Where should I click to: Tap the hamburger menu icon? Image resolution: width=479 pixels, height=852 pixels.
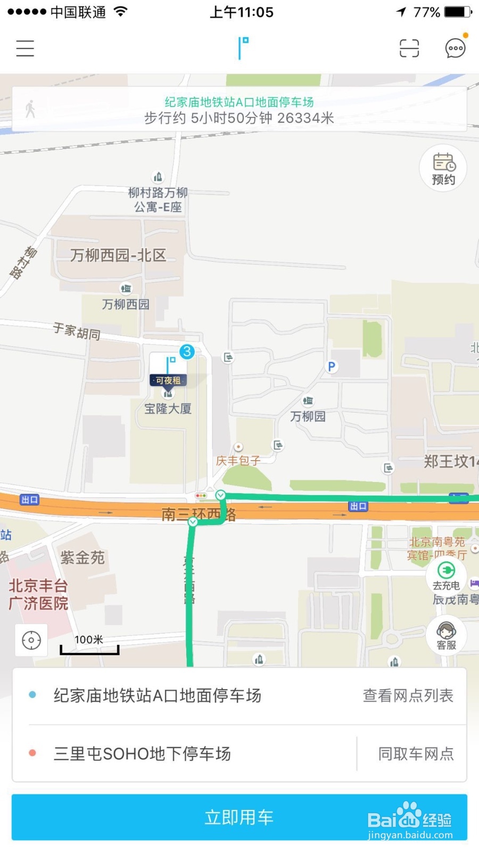(25, 48)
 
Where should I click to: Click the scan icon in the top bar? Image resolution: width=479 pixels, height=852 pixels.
(409, 48)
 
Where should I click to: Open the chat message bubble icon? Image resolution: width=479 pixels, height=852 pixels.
(455, 48)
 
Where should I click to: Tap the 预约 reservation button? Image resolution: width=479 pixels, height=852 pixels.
(443, 168)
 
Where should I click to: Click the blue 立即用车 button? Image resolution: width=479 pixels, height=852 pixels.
(239, 817)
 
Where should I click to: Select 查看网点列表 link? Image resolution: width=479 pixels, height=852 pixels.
(408, 695)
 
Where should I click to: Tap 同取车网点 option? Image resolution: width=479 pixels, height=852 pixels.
(416, 753)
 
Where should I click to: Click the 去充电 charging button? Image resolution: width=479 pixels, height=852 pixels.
(446, 576)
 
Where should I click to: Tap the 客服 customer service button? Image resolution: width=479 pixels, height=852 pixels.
(446, 635)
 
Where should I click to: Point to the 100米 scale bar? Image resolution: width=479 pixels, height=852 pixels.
(89, 645)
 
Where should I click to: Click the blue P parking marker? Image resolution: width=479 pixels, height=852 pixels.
(332, 366)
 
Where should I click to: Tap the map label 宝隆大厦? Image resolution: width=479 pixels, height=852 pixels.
(168, 409)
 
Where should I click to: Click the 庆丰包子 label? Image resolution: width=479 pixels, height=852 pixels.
(238, 461)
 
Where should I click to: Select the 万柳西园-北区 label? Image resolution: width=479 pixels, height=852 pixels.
(118, 256)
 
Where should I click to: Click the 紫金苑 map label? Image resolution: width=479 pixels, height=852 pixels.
(82, 558)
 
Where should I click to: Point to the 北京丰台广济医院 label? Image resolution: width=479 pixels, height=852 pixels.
(38, 594)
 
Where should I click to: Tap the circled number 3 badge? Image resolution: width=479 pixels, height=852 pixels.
(187, 351)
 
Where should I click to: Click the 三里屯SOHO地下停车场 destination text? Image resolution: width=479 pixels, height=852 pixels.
(142, 753)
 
